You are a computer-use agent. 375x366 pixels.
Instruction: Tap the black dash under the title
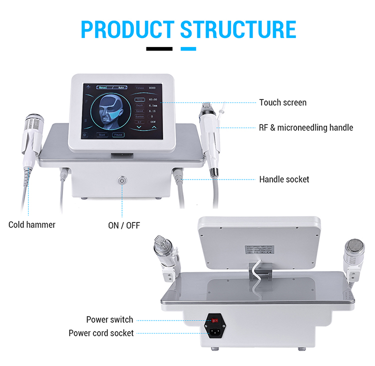pos(159,49)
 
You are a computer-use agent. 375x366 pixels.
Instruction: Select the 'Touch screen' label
pos(282,102)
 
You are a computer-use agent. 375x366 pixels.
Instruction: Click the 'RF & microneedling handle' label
pos(306,127)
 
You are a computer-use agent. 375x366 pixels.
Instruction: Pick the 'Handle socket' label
pos(284,179)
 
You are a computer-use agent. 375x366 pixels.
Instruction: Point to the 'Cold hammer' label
pos(32,224)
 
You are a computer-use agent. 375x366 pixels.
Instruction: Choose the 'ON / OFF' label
pos(124,224)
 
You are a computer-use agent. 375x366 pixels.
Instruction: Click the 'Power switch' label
pos(109,319)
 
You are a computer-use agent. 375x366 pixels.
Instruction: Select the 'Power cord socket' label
pos(101,332)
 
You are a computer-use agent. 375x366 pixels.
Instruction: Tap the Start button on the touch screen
pos(102,134)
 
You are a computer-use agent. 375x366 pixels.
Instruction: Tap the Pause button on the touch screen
pos(118,134)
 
